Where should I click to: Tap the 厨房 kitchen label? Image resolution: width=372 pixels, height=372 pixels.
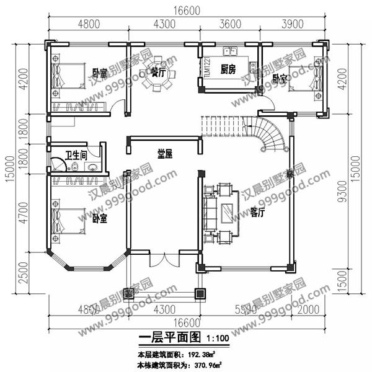click(228, 69)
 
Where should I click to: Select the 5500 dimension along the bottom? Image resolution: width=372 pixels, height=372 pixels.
click(245, 309)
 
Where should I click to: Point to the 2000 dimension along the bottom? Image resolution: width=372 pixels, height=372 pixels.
click(307, 309)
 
